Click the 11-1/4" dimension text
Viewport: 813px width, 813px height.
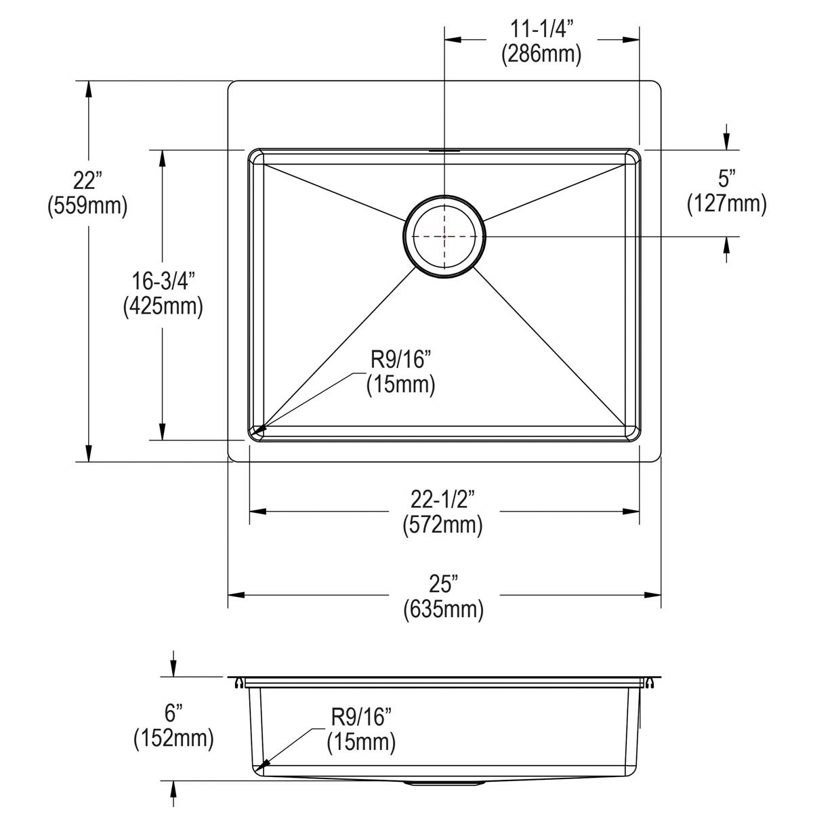click(x=541, y=30)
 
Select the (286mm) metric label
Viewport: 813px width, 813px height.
click(x=541, y=54)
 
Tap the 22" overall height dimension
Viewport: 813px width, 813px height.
click(x=87, y=181)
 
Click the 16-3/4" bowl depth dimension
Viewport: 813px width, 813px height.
click(x=163, y=281)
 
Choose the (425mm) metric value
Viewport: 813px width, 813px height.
click(x=163, y=306)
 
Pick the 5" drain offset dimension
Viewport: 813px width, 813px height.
click(x=727, y=179)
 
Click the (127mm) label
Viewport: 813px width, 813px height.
click(x=727, y=203)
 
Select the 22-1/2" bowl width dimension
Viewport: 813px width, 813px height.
click(x=442, y=500)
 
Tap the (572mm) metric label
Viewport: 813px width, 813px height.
click(x=442, y=524)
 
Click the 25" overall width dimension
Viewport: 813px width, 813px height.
click(x=443, y=584)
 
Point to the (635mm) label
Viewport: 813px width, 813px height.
click(x=443, y=609)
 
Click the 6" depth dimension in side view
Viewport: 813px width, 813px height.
click(x=174, y=713)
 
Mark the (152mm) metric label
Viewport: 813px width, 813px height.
click(x=174, y=738)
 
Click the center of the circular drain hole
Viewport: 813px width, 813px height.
click(x=444, y=235)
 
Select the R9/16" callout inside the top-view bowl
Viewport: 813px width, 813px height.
click(x=400, y=360)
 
